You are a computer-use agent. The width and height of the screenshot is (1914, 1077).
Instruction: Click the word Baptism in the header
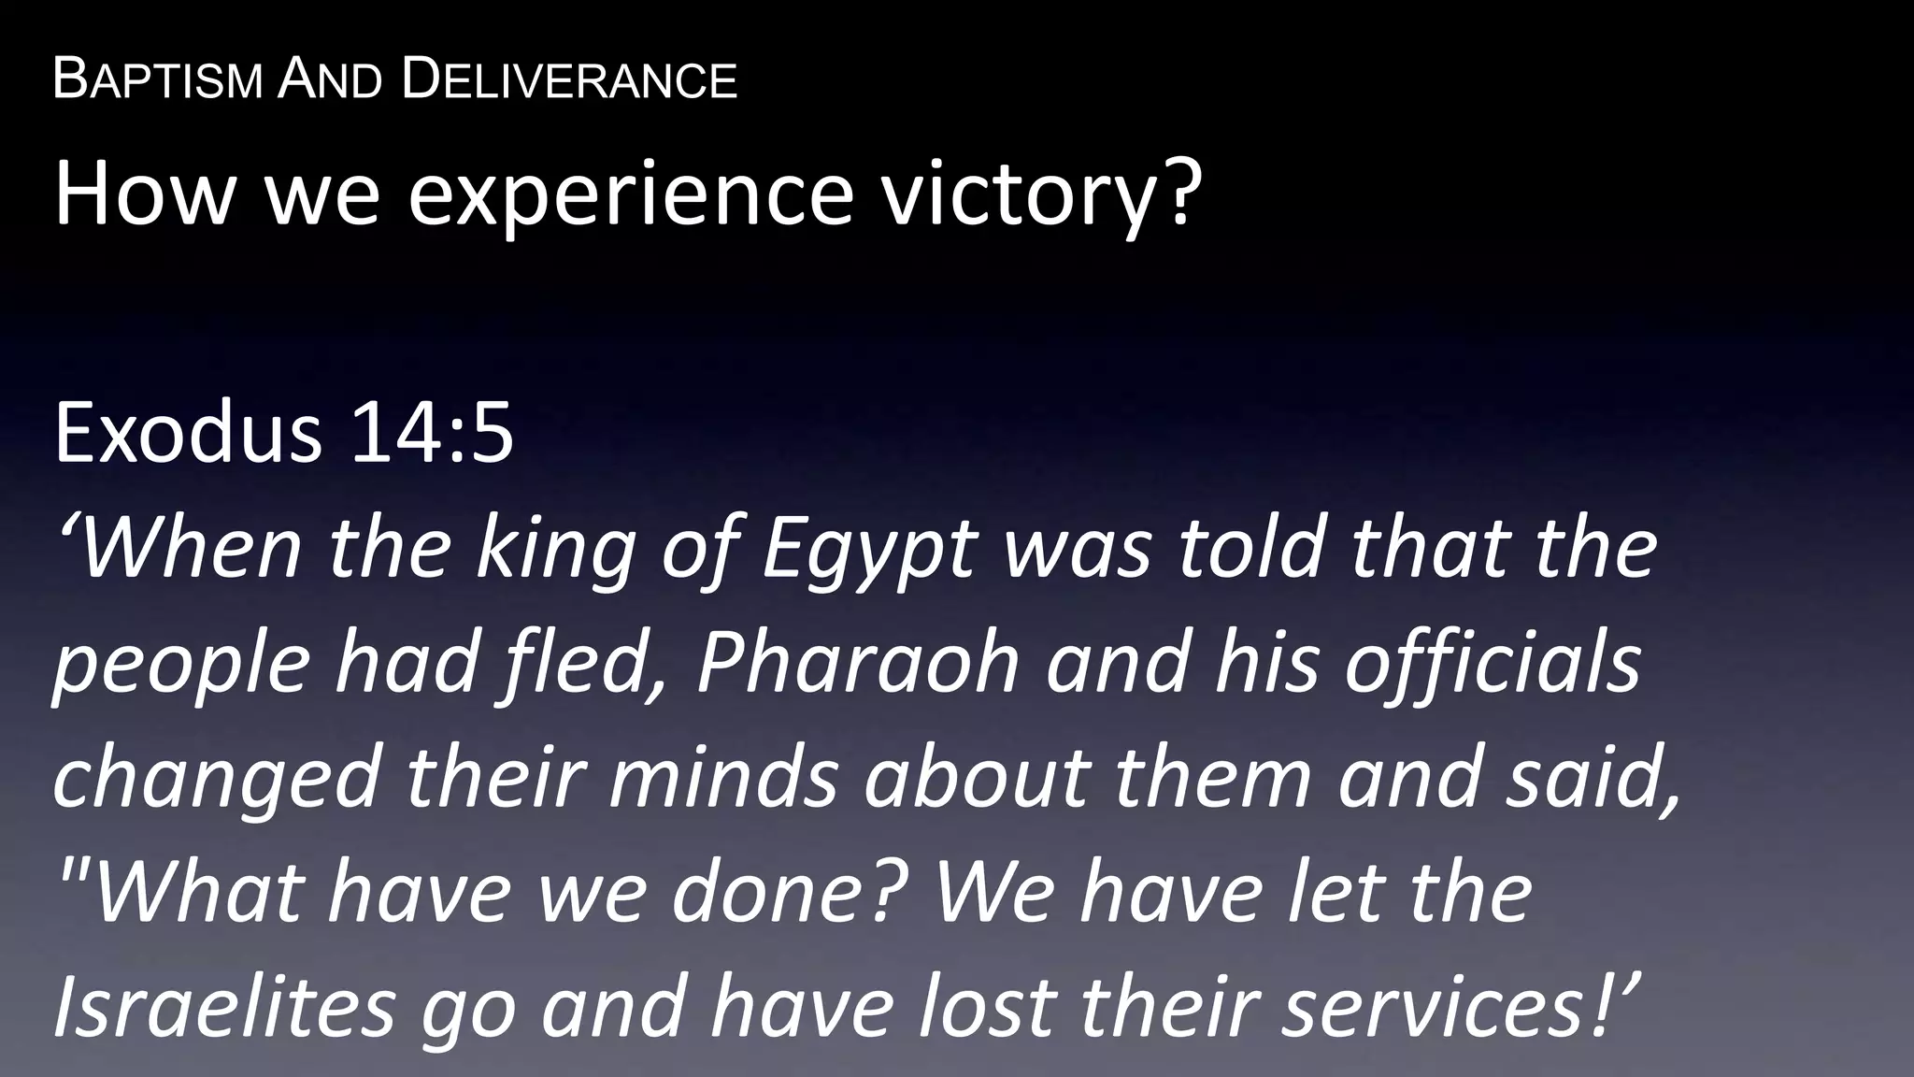pyautogui.click(x=157, y=79)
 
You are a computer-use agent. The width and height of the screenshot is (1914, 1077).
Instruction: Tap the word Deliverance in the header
pyautogui.click(x=569, y=79)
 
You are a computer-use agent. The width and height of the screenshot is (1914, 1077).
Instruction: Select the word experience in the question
pyautogui.click(x=631, y=194)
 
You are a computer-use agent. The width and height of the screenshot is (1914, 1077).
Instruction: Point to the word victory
pyautogui.click(x=1038, y=194)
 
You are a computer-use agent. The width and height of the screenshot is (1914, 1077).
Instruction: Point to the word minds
pyautogui.click(x=725, y=778)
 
